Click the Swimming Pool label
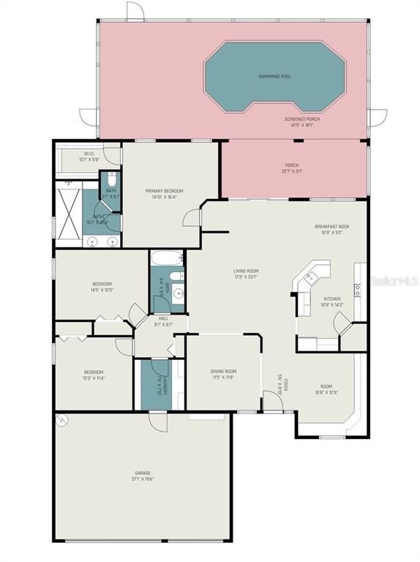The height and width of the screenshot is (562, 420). tap(274, 76)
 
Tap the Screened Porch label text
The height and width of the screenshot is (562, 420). tap(302, 121)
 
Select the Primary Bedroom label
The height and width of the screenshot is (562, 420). tap(168, 193)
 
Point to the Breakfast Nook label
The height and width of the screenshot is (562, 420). tap(331, 229)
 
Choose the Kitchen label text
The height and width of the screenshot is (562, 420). tap(332, 301)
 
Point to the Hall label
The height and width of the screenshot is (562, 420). tap(163, 321)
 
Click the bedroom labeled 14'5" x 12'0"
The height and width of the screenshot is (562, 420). tap(102, 286)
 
